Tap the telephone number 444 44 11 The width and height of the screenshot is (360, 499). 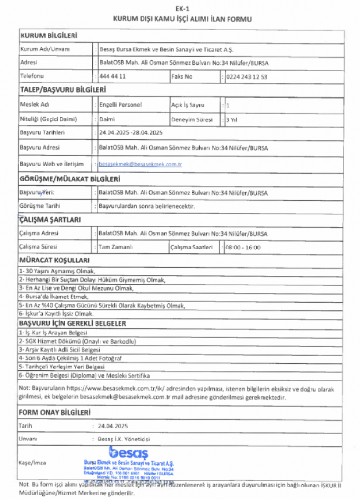click(112, 76)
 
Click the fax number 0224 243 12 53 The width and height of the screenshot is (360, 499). click(247, 77)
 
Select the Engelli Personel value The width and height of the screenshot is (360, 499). click(120, 105)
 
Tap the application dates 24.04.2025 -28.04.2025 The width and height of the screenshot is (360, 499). click(131, 133)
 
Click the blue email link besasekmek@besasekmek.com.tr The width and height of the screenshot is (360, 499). click(140, 164)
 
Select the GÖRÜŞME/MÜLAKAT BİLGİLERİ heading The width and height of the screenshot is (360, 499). click(69, 179)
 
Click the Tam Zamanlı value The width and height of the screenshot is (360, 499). click(116, 248)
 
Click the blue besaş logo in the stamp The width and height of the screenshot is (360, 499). click(128, 452)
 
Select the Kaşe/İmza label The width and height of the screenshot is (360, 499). click(31, 462)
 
